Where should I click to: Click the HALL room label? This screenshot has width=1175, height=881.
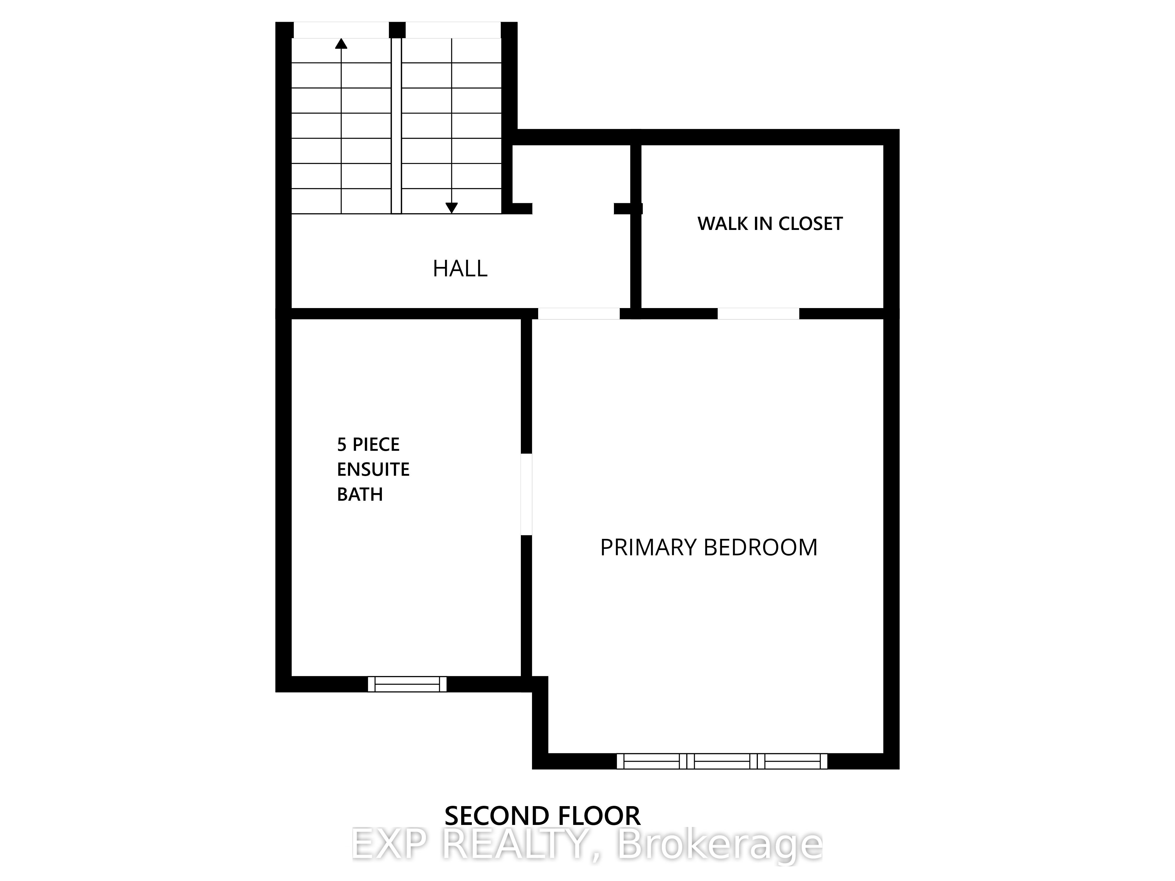click(x=460, y=269)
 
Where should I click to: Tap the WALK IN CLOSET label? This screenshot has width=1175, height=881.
click(x=770, y=223)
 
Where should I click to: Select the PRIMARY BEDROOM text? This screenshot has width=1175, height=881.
click(x=709, y=547)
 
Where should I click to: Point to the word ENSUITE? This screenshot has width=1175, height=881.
click(x=373, y=470)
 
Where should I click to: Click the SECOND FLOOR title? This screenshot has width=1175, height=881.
click(x=542, y=816)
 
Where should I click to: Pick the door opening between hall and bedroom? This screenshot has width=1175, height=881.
click(x=579, y=313)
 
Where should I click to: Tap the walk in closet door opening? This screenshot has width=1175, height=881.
click(x=758, y=313)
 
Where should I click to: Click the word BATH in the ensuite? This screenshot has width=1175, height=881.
click(x=360, y=495)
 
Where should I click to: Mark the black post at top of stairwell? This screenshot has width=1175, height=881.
click(x=397, y=30)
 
